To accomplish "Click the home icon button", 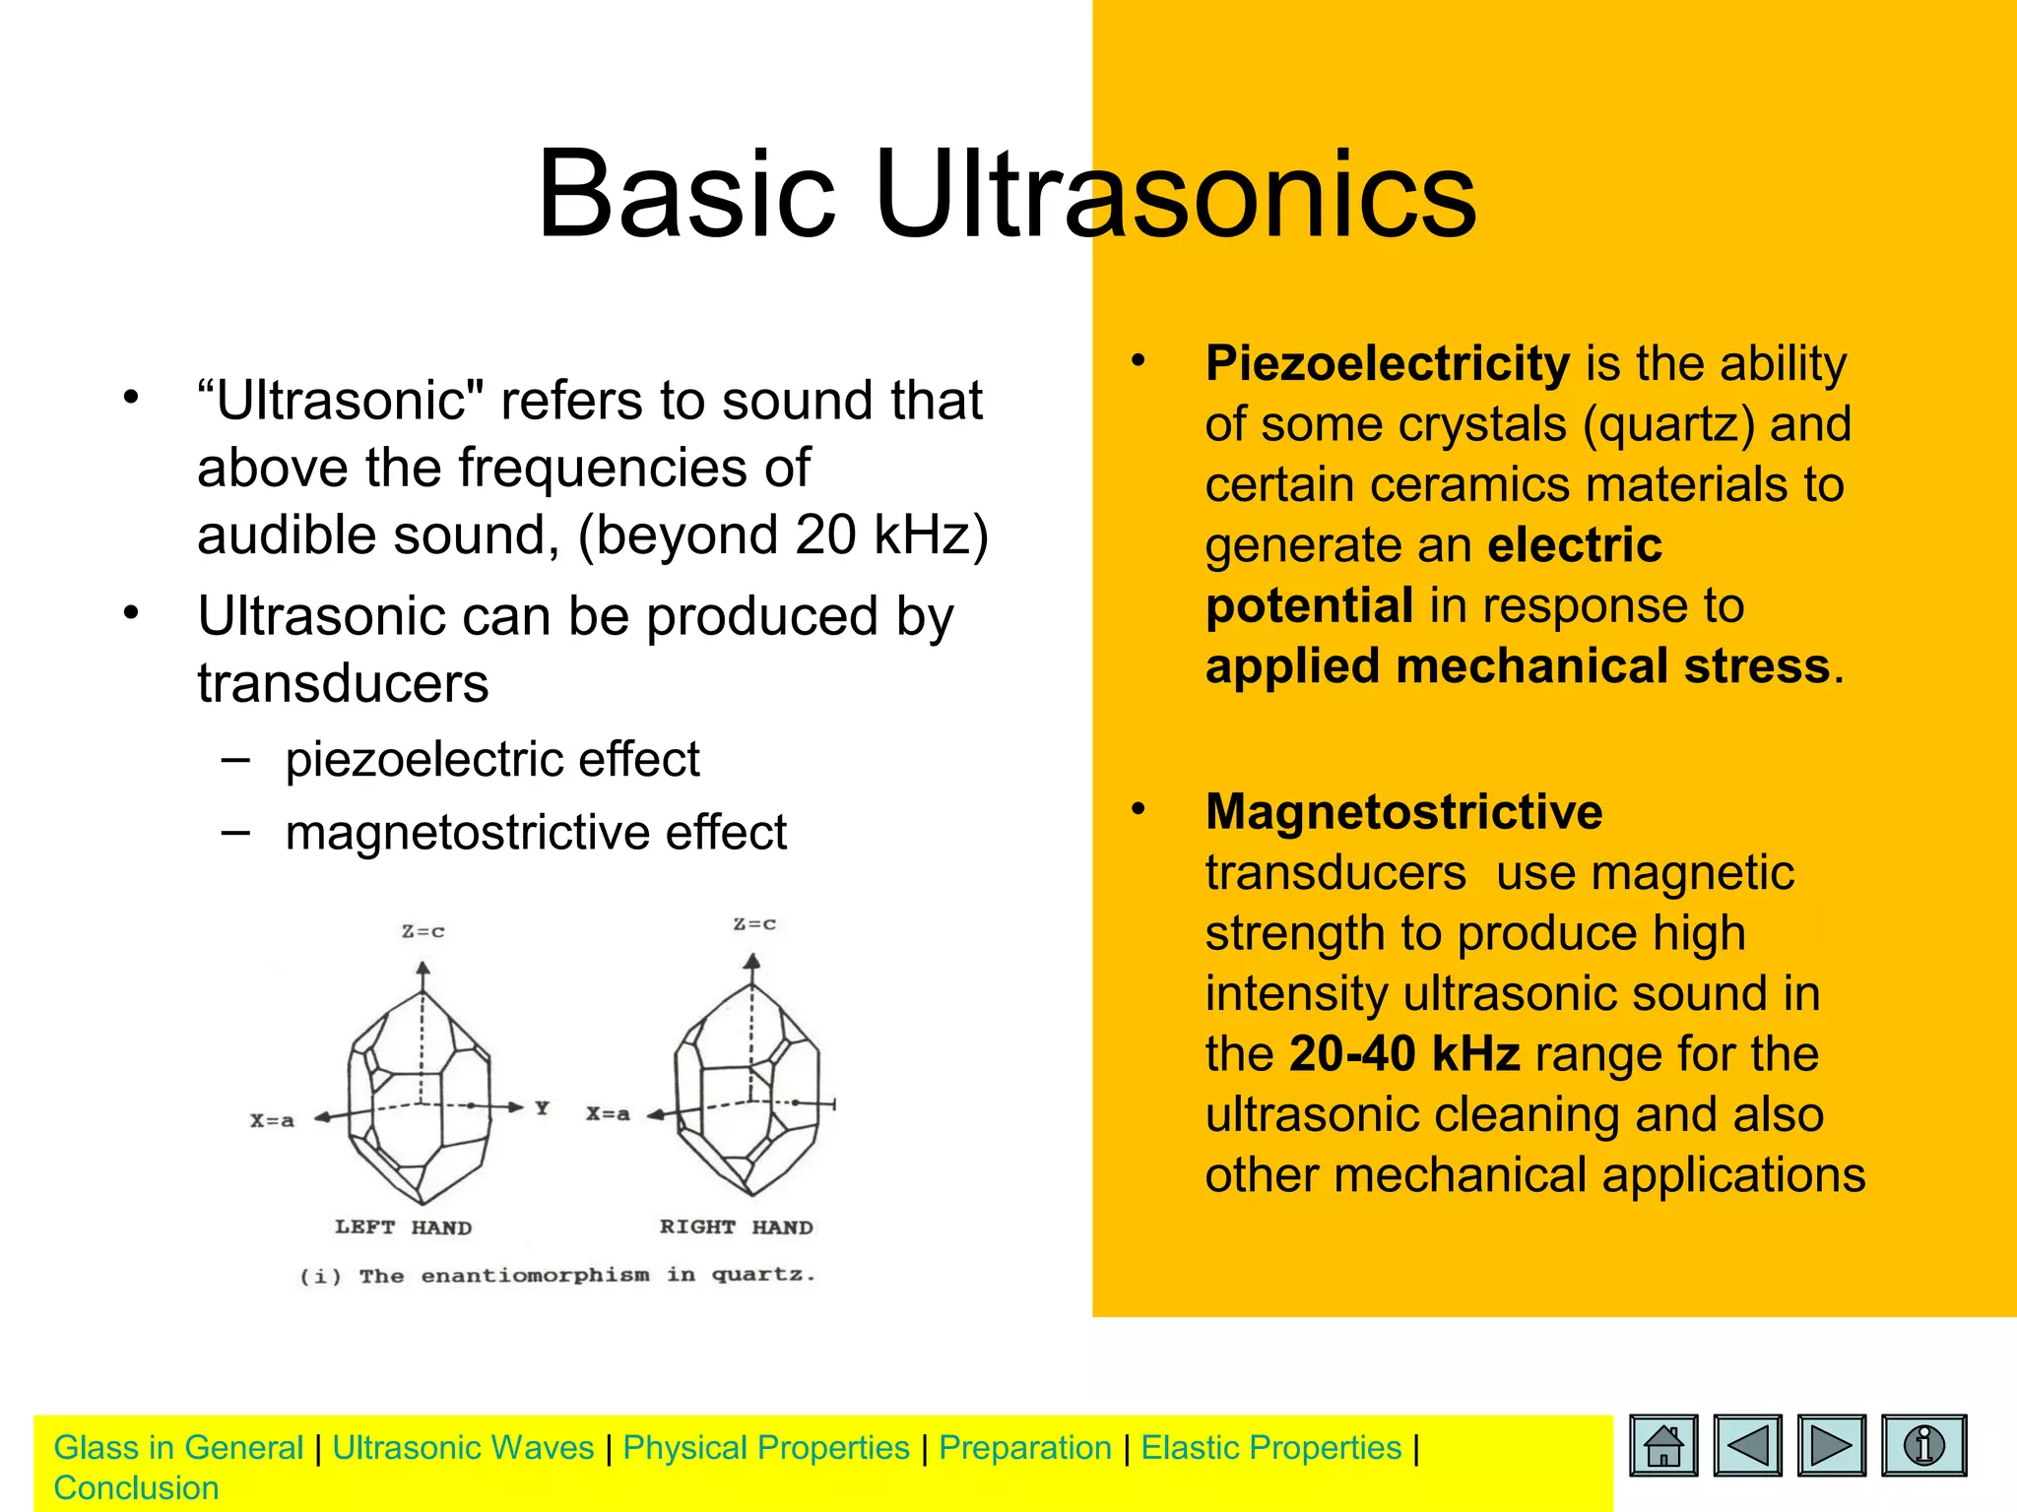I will coord(1663,1446).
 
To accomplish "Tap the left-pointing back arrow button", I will coord(1747,1446).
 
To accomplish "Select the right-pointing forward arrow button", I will coord(1831,1446).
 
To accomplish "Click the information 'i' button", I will coord(1923,1446).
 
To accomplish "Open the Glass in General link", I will coord(178,1448).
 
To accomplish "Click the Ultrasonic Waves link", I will coord(463,1448).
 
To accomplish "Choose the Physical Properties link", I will coord(766,1448).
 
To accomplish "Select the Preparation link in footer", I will coord(1024,1448).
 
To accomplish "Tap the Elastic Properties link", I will coord(1270,1448).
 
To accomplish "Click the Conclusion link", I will coord(136,1488).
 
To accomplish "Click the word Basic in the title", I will coord(685,194).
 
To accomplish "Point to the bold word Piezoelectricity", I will coord(1387,364).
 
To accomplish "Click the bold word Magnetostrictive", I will coord(1403,813).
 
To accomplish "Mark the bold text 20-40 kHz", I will coord(1404,1054).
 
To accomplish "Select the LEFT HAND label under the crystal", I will coord(403,1228).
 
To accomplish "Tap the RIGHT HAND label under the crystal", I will coord(736,1228).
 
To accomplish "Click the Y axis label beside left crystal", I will coord(542,1108).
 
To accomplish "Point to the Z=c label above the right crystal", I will coord(754,924).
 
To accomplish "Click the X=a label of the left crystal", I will coord(272,1120).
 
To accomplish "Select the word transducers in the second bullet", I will coord(343,684).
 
